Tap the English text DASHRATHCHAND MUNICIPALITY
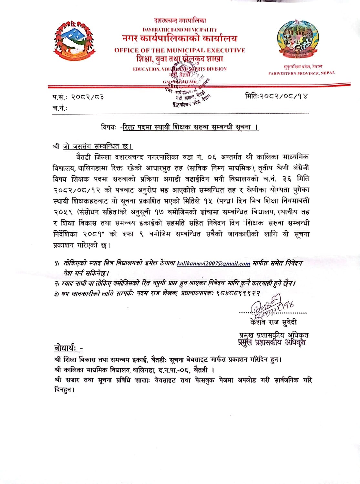click(180, 30)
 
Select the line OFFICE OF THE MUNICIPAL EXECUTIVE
click(180, 50)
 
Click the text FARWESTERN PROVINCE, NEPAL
click(302, 73)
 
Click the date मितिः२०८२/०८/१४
click(276, 96)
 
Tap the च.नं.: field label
click(60, 108)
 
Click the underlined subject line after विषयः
click(190, 127)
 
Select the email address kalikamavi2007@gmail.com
click(214, 264)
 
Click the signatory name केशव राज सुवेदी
click(273, 322)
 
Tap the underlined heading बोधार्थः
click(68, 348)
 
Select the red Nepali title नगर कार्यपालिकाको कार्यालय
click(180, 39)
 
